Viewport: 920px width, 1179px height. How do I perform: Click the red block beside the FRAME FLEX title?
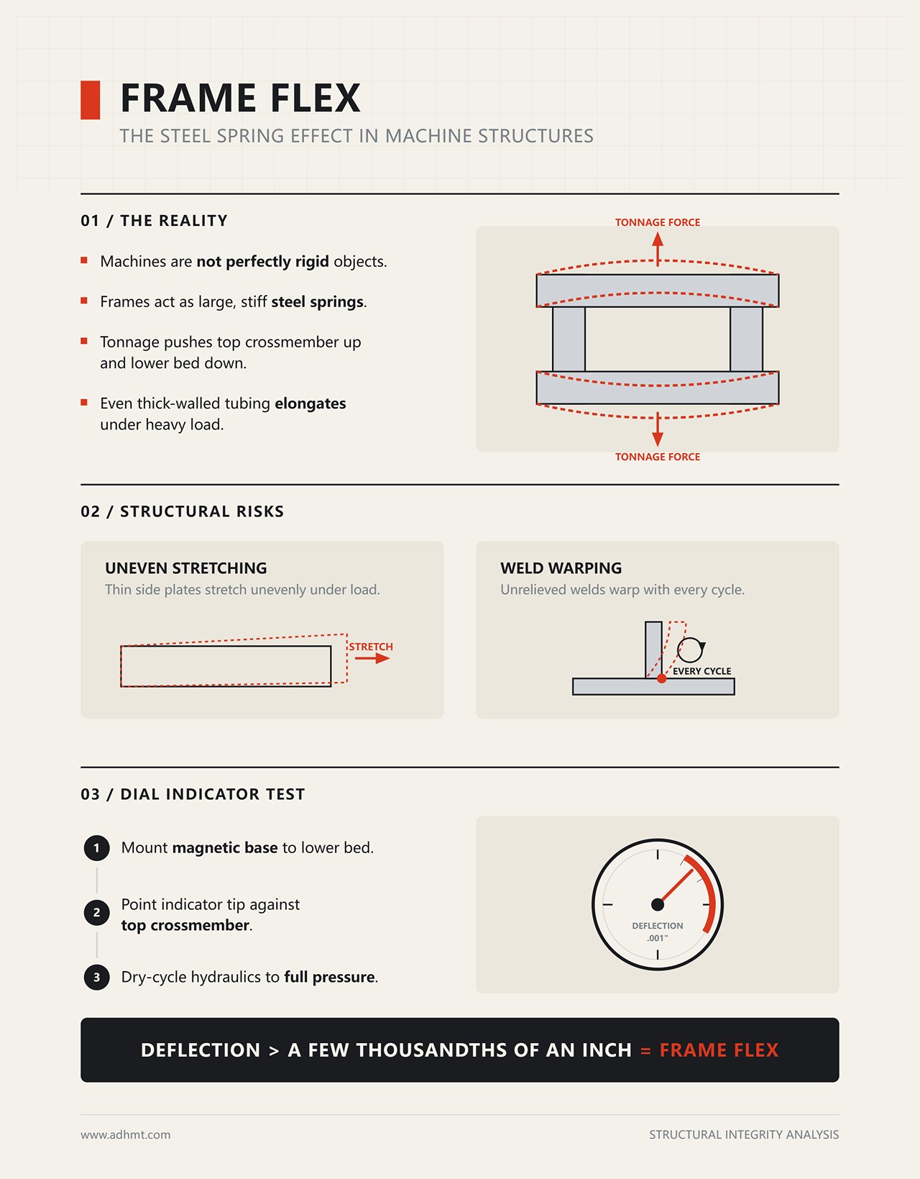(x=90, y=100)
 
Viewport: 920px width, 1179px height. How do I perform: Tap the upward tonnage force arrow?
(x=658, y=249)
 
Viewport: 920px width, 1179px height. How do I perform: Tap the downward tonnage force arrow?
(x=658, y=429)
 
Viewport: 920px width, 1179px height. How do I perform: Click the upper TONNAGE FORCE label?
(x=657, y=222)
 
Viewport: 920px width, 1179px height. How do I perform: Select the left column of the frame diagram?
(x=569, y=339)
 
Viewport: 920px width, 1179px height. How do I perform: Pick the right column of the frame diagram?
(x=747, y=339)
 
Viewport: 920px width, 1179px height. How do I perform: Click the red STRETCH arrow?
(x=372, y=658)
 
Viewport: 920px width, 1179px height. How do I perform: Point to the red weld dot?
(x=661, y=678)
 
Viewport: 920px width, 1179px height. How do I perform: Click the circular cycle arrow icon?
(x=691, y=650)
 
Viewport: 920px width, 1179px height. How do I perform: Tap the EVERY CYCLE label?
(x=701, y=671)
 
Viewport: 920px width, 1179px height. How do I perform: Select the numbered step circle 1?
(x=96, y=847)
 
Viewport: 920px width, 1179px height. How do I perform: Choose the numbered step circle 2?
(x=96, y=913)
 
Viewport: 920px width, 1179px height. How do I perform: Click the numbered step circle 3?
(x=96, y=977)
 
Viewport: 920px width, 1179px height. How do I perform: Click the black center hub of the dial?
(x=658, y=904)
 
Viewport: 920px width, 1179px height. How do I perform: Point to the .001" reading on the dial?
(x=657, y=938)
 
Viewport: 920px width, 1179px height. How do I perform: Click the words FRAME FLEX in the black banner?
(x=719, y=1050)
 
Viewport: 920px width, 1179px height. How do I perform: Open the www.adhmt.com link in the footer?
(x=125, y=1134)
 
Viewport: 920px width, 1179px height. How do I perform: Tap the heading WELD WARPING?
(x=561, y=568)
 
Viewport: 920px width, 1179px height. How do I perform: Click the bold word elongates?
(x=310, y=403)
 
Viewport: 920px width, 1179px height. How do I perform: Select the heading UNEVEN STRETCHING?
(x=186, y=568)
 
